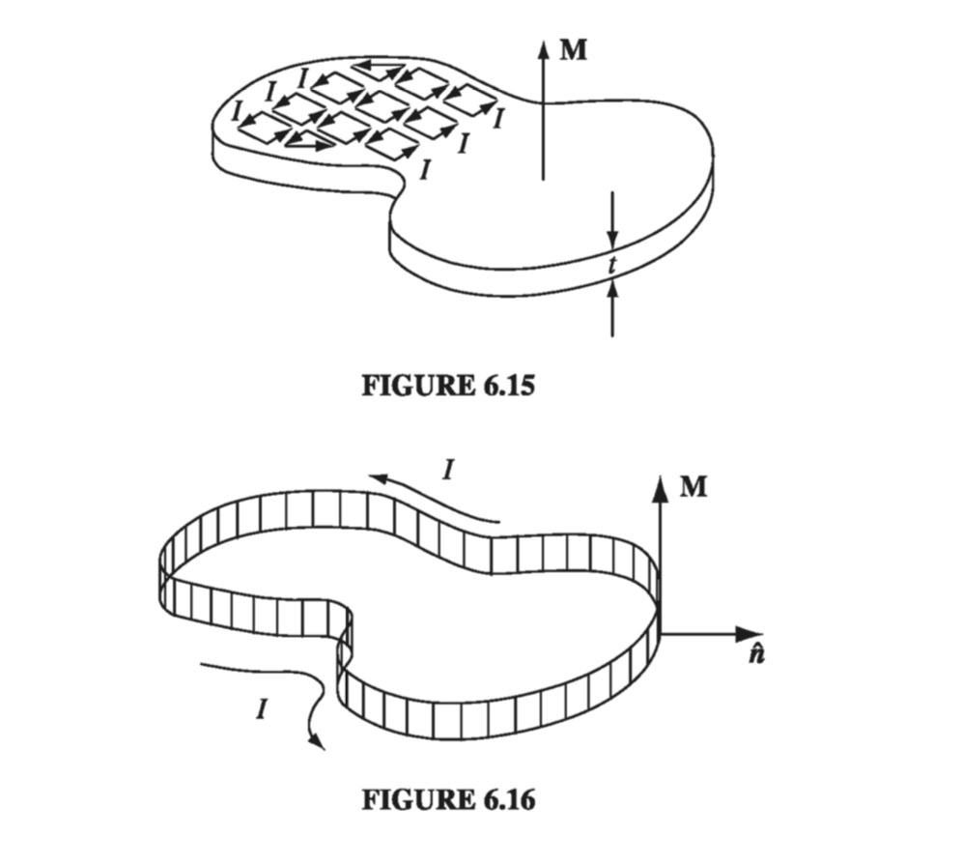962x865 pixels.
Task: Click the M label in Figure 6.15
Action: [x=574, y=50]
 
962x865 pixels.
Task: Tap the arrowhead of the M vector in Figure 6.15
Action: [x=544, y=48]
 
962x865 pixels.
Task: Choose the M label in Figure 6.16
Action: [x=693, y=487]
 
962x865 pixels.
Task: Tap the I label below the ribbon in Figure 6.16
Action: [x=262, y=711]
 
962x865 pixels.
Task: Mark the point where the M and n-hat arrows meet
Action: [x=661, y=634]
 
